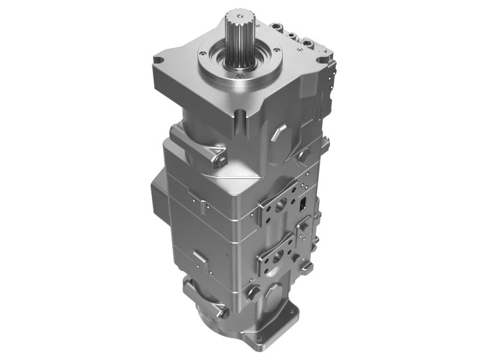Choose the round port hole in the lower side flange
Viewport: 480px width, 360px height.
[x=277, y=257]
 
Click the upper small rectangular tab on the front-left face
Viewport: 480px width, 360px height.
[x=204, y=206]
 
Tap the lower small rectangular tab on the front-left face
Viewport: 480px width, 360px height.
[x=200, y=259]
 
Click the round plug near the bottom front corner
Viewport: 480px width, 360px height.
[x=253, y=293]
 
